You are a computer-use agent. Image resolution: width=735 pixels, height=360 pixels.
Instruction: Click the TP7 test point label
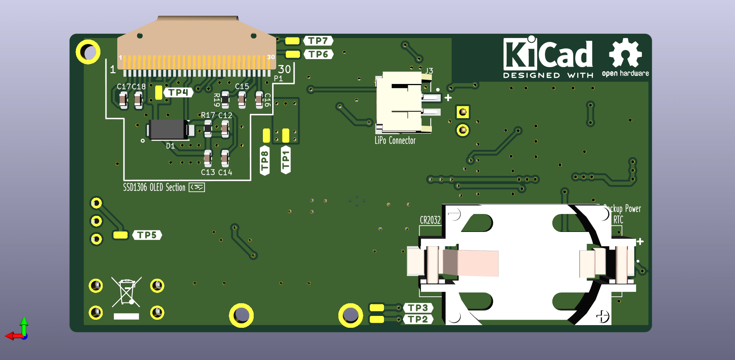coord(318,41)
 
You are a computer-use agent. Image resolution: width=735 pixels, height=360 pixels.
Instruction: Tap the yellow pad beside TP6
coord(293,54)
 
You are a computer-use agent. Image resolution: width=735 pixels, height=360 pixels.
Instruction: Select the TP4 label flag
coord(178,92)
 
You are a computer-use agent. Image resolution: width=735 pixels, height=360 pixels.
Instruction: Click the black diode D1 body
coord(167,130)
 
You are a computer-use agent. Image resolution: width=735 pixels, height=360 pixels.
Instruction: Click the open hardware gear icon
coord(625,53)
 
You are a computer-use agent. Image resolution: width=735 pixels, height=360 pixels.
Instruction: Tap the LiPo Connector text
coord(395,141)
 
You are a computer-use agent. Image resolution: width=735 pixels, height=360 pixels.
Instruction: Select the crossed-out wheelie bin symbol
coord(126,292)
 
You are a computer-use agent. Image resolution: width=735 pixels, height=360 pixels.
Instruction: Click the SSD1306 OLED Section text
coord(154,187)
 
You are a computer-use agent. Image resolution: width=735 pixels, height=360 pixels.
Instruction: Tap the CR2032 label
coord(430,220)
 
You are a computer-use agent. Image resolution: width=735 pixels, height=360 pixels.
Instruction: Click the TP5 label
coord(147,235)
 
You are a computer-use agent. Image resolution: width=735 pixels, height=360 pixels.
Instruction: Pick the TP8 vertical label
coord(265,161)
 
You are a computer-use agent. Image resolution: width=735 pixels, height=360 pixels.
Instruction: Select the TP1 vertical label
coord(285,160)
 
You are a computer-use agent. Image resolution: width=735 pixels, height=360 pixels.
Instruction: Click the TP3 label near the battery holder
coord(418,308)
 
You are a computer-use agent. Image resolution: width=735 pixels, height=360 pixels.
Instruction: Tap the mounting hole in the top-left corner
coord(88,52)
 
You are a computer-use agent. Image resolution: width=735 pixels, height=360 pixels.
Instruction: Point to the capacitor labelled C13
coord(208,158)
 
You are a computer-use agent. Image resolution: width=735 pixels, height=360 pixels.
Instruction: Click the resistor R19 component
coord(225,100)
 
